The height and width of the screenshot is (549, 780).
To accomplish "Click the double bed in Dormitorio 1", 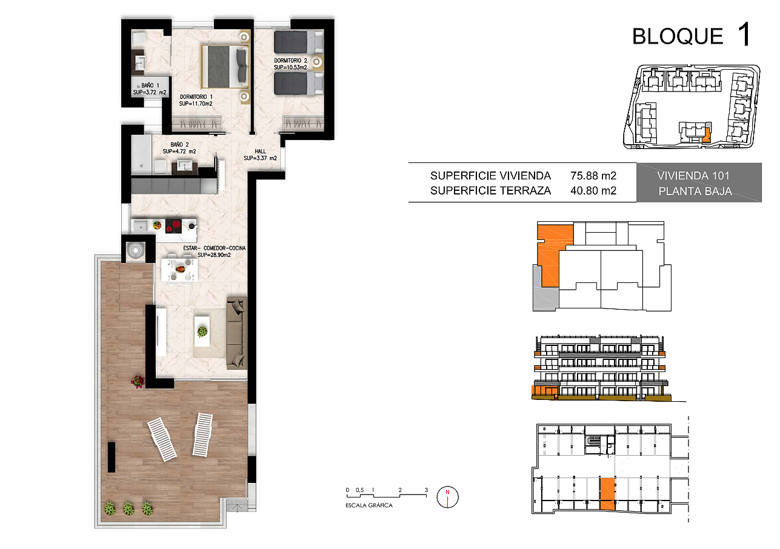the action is (x=225, y=67).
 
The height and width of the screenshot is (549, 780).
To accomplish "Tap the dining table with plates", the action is (x=179, y=270).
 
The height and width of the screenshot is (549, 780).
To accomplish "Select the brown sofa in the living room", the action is (x=237, y=333).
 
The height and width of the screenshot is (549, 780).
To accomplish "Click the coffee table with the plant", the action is (x=202, y=331).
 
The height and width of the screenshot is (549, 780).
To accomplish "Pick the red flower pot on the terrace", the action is (x=138, y=381).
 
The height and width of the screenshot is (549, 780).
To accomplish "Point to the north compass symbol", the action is (x=447, y=497).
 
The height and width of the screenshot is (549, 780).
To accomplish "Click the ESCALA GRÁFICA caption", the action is (x=368, y=505).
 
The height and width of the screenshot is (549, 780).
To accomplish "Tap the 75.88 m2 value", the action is (x=593, y=176).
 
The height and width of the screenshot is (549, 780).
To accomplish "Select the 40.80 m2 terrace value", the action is (x=593, y=191).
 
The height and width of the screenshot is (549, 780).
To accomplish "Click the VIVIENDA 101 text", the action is (x=693, y=176).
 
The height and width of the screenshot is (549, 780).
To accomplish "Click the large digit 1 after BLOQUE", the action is (x=744, y=34).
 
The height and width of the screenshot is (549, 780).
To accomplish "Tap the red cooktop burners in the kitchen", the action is (x=173, y=225).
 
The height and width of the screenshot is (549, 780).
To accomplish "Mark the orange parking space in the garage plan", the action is (x=607, y=494).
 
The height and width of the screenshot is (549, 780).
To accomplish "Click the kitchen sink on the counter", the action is (x=141, y=226).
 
